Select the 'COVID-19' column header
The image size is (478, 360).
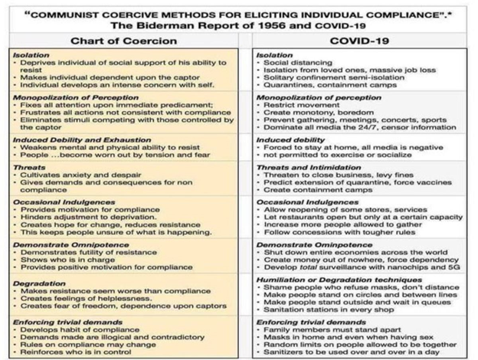(358, 41)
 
